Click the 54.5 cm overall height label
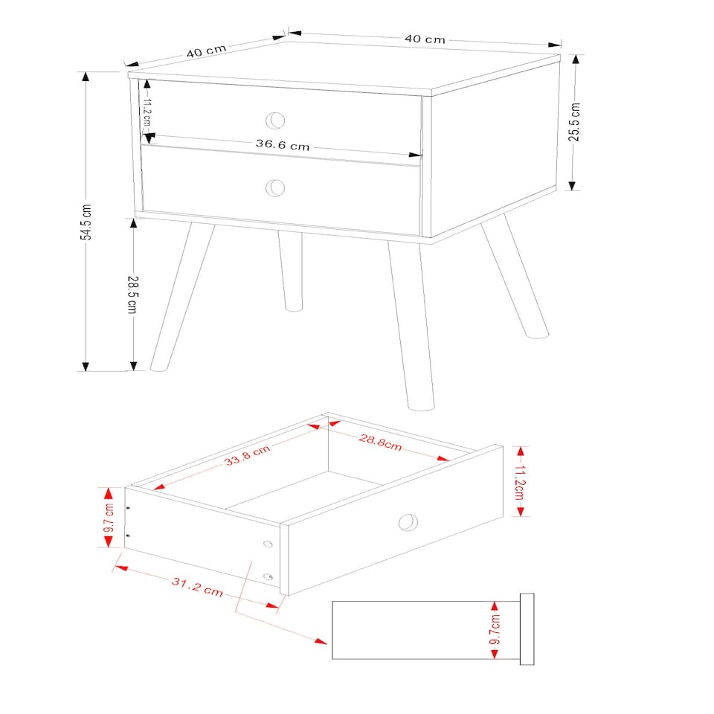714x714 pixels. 87,222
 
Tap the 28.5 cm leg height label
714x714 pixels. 132,294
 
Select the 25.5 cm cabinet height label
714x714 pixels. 574,122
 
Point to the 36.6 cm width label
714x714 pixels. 283,145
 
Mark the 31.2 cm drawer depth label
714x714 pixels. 197,587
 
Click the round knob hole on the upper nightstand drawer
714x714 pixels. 276,120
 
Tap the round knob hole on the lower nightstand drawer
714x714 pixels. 276,188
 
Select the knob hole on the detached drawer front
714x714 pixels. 408,523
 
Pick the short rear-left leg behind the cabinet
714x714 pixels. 291,271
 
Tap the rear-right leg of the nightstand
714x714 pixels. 515,275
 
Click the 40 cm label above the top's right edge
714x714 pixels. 425,39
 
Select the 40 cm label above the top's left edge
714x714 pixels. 206,51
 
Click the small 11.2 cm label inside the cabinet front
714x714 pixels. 147,112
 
